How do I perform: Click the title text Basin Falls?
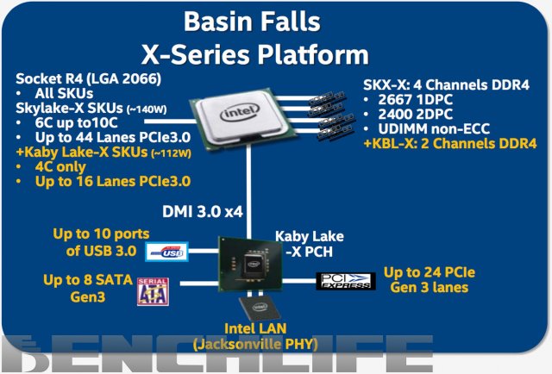tap(276, 23)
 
